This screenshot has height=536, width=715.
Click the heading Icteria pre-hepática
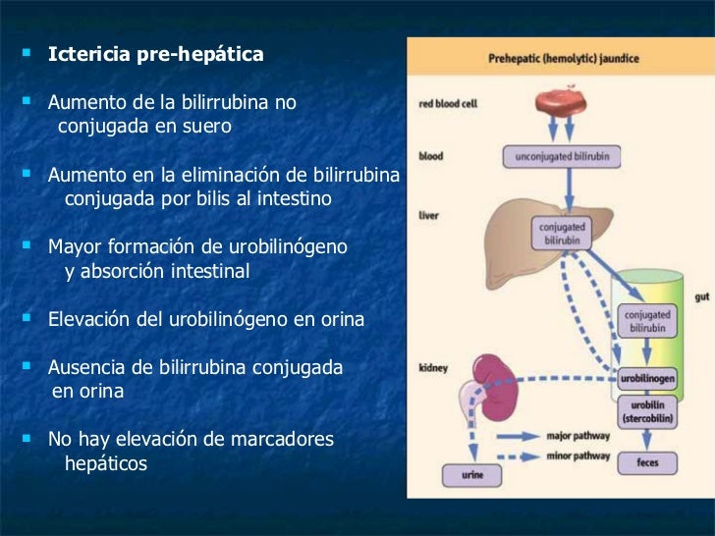coord(155,54)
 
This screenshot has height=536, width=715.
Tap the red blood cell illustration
coord(561,105)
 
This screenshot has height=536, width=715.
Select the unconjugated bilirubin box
coord(561,156)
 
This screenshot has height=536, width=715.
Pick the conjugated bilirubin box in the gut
coord(647,321)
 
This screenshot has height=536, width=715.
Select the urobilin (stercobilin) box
coord(647,409)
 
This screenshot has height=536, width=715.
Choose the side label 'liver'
coord(428,215)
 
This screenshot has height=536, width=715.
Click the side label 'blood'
coord(430,155)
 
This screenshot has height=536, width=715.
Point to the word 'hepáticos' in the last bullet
coord(105,462)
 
